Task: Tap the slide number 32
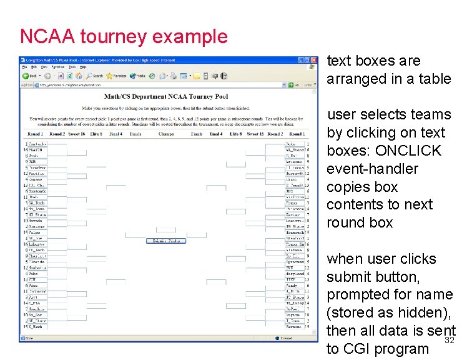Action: tap(448, 341)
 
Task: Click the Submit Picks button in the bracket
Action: tap(165, 241)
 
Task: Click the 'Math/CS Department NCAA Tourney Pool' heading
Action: tap(165, 96)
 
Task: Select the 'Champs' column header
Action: tap(165, 134)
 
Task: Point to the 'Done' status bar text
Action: tap(30, 339)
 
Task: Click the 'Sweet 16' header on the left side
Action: tap(76, 134)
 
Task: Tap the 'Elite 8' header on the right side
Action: tap(235, 134)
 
